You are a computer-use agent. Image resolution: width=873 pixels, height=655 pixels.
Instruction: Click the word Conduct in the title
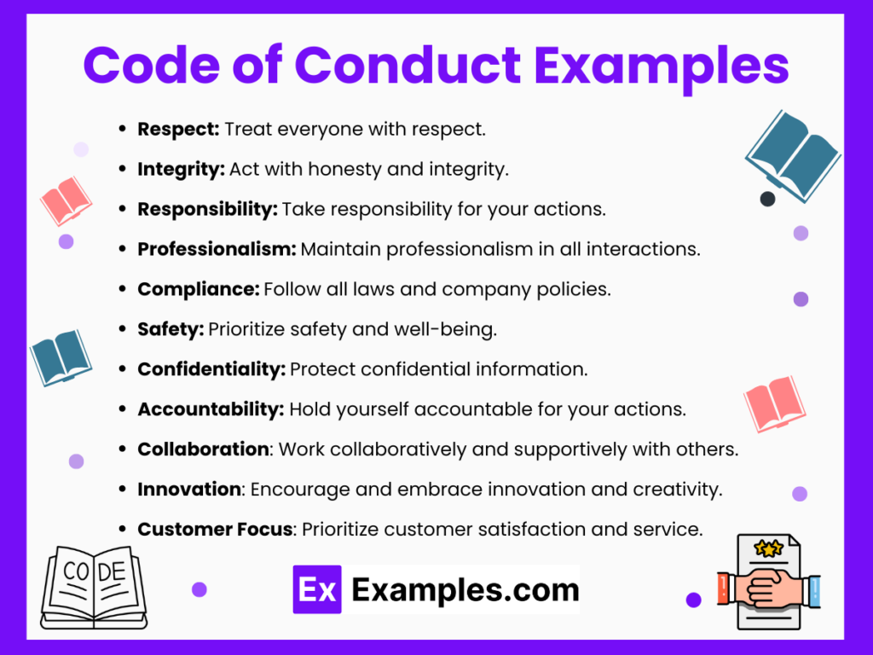point(410,65)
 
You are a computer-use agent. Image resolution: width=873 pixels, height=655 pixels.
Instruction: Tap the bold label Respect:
point(178,130)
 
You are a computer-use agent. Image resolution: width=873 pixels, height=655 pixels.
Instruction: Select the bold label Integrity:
point(181,170)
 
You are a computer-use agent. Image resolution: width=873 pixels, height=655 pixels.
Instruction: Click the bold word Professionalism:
point(217,249)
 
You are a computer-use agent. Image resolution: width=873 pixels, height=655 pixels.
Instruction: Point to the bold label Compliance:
point(198,289)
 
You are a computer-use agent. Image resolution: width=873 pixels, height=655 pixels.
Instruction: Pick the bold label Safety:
point(171,329)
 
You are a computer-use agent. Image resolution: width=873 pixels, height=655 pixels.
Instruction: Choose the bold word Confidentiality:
point(211,369)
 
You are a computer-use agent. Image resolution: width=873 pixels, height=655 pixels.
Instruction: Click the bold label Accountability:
point(211,409)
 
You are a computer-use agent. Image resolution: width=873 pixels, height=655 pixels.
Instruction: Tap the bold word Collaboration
point(203,449)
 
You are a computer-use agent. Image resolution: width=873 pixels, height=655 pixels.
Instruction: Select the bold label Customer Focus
point(215,529)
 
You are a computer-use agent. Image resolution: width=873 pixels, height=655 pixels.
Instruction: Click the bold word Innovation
point(189,489)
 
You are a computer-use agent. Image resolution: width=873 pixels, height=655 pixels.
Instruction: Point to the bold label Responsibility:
point(207,210)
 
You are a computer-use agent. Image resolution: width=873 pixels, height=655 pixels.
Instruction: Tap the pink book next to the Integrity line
point(66,200)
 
